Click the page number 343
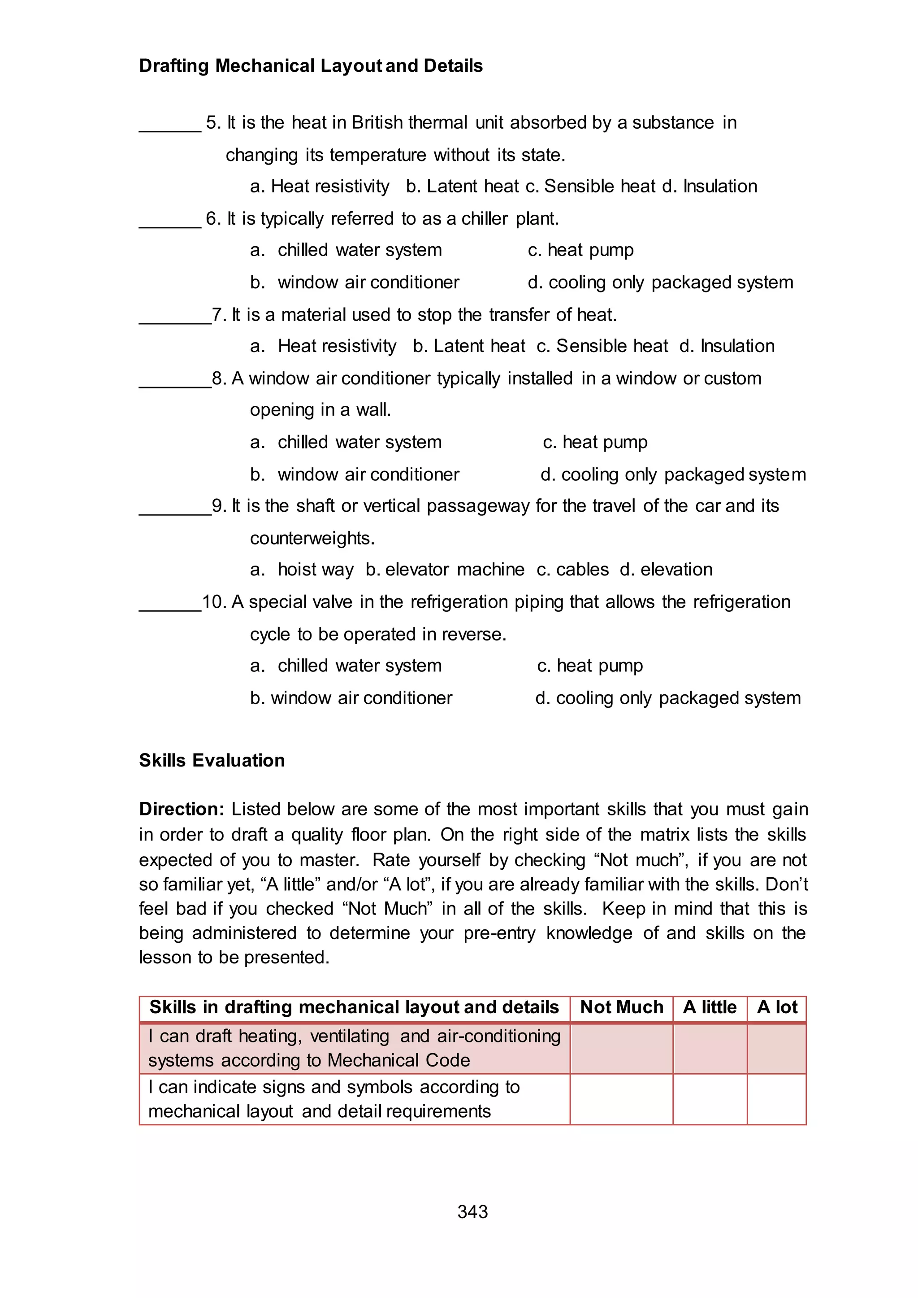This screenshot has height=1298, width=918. (472, 1211)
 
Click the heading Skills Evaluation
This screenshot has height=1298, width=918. (212, 760)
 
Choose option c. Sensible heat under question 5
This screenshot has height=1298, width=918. (590, 186)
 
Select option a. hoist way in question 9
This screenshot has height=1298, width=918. (303, 569)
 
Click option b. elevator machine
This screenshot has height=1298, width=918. (445, 569)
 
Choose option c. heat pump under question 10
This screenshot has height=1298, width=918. (590, 666)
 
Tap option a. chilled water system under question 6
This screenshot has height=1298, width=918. (346, 250)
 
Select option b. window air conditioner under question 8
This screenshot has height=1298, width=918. (355, 474)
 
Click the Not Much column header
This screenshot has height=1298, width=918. (621, 1007)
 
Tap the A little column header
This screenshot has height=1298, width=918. (710, 1007)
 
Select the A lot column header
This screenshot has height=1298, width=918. (777, 1007)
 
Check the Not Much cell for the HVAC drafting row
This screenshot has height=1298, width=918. (621, 1048)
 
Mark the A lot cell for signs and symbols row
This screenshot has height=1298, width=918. (777, 1099)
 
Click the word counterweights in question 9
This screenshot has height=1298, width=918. (312, 538)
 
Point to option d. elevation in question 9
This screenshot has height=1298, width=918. (666, 569)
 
